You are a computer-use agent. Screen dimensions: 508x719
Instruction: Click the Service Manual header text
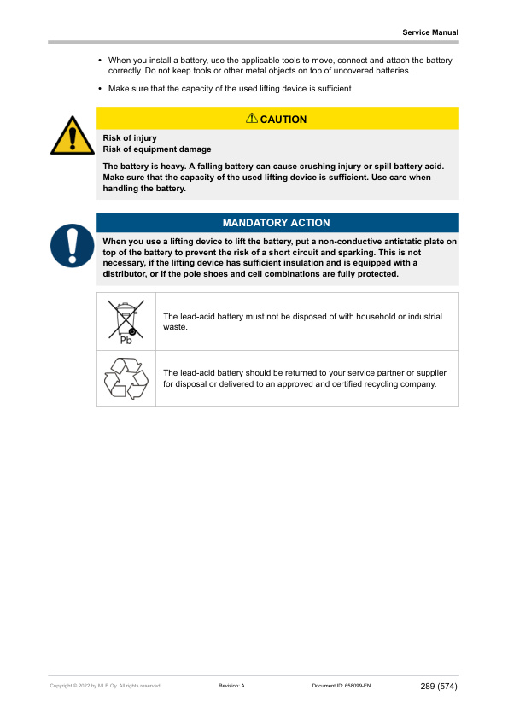coord(430,32)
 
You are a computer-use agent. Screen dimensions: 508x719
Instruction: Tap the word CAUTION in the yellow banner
coord(283,120)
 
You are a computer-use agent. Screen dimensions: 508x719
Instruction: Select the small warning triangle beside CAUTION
coord(252,119)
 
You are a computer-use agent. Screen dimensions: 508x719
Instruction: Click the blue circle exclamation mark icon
coord(72,244)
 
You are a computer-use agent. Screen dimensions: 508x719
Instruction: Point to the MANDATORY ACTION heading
coord(276,223)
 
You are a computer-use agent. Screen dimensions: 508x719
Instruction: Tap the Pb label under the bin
coord(126,340)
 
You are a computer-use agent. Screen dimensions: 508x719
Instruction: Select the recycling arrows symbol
coord(126,378)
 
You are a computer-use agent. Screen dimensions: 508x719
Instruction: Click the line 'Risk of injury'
coord(130,137)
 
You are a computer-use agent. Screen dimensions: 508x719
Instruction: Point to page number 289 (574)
coord(439,686)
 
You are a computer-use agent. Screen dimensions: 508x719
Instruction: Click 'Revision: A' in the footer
coord(232,686)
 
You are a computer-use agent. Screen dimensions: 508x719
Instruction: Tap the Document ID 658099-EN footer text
coord(342,686)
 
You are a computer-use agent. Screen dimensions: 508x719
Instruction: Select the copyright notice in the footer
coord(106,686)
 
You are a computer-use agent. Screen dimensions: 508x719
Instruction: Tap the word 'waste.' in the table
coord(175,327)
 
